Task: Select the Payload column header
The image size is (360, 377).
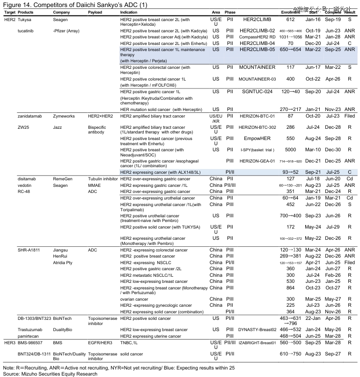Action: (x=96, y=12)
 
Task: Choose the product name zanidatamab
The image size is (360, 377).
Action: (x=31, y=116)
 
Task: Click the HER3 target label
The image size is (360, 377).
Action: (x=9, y=342)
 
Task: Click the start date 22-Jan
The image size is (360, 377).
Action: (x=313, y=318)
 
